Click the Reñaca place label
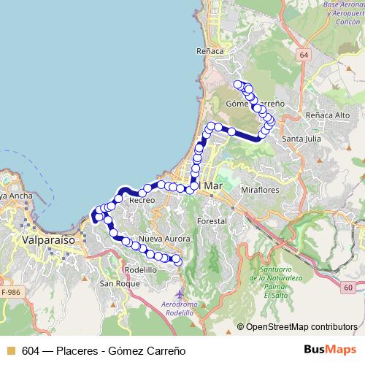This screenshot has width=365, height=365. point(209,52)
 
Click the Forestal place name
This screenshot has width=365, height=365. point(212,220)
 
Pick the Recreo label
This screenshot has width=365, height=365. point(142,199)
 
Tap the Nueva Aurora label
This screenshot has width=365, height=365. point(164,239)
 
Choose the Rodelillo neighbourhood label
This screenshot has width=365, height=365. point(142,269)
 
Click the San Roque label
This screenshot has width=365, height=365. point(115,283)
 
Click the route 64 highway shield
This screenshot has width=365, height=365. point(303,55)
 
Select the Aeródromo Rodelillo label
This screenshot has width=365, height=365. point(182,307)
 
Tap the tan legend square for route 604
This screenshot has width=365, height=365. point(9,350)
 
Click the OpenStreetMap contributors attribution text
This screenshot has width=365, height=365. point(301,327)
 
